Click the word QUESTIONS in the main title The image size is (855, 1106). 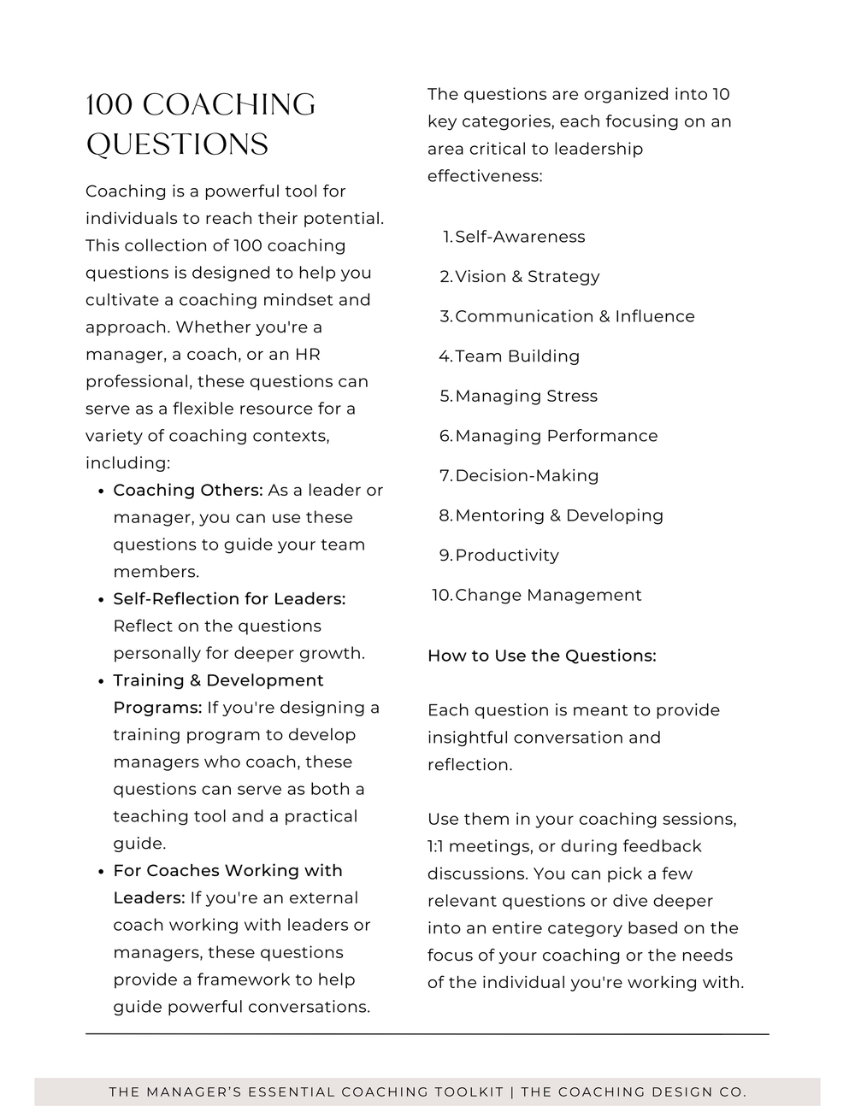[x=177, y=144]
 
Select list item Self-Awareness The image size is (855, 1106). [x=520, y=237]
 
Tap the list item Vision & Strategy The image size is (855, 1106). [x=527, y=277]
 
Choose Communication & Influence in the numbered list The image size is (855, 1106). [x=575, y=316]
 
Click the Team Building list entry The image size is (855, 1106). [x=517, y=356]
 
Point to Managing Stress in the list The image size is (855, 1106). [x=526, y=396]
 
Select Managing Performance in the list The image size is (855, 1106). [x=556, y=436]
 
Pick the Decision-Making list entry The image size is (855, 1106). [x=527, y=475]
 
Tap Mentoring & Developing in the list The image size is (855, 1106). [x=559, y=515]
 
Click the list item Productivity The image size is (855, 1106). [x=507, y=556]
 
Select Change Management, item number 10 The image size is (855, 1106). [x=548, y=595]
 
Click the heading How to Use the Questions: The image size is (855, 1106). [x=541, y=656]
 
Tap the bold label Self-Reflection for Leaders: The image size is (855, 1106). [x=229, y=599]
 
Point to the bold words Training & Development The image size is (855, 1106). [x=218, y=680]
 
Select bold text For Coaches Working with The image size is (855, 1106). [x=227, y=871]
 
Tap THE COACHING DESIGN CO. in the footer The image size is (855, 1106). [x=634, y=1091]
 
